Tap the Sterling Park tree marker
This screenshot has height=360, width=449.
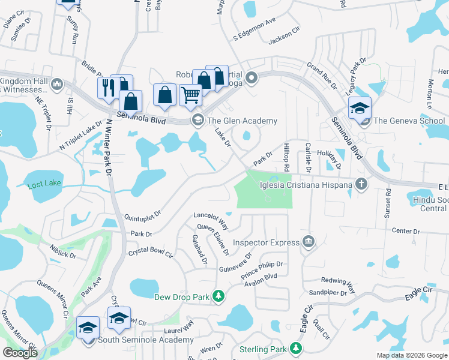(x=295, y=349)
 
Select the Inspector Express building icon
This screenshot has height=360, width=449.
(x=309, y=242)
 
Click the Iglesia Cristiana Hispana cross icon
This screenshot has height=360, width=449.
(x=360, y=184)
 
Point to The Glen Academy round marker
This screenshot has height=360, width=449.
(x=197, y=121)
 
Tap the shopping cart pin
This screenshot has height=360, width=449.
(x=191, y=94)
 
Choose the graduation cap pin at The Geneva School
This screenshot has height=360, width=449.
(x=360, y=108)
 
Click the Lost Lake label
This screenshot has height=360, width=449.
(x=44, y=186)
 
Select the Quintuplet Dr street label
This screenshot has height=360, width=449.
(x=143, y=214)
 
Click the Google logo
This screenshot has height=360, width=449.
(x=20, y=353)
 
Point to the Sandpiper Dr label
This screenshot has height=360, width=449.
(x=328, y=293)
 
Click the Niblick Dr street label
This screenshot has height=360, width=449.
(x=64, y=255)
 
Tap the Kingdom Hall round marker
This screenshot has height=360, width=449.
(x=58, y=83)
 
